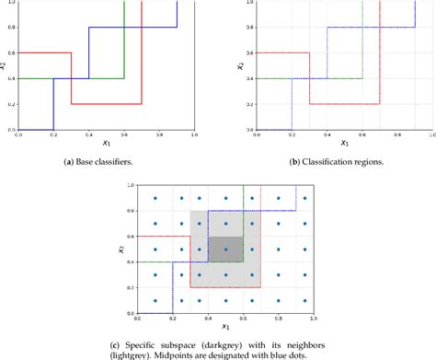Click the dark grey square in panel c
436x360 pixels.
pyautogui.click(x=225, y=250)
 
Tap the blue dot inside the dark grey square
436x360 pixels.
pyautogui.click(x=225, y=250)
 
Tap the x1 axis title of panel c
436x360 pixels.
pyautogui.click(x=224, y=326)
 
